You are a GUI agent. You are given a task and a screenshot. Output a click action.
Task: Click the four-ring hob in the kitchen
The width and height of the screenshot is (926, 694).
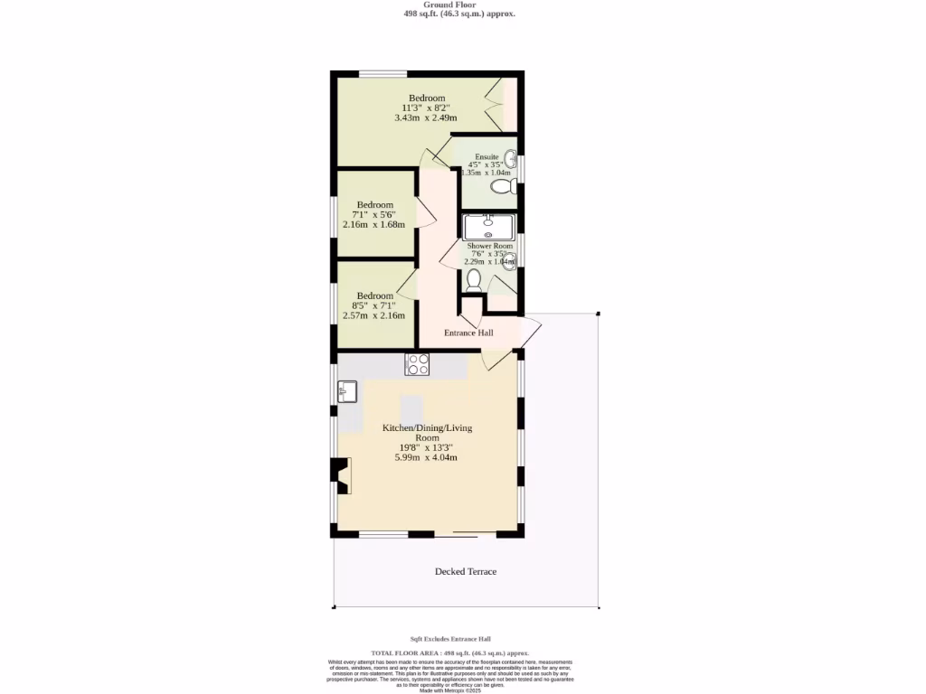417,364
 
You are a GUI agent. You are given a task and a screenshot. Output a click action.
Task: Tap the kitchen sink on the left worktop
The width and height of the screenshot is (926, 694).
347,391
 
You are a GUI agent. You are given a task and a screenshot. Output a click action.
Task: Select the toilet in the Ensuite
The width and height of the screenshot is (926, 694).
502,187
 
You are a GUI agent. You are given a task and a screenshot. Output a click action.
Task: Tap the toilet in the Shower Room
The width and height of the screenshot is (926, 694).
474,280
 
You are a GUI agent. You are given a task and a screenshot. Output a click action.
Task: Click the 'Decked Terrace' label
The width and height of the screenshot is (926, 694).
466,571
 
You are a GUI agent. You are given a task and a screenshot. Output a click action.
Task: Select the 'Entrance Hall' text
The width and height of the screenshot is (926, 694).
468,333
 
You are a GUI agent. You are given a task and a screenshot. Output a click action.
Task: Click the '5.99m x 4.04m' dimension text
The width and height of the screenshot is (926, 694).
426,457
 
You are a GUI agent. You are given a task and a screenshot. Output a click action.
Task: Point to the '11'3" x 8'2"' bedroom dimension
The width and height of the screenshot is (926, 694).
426,108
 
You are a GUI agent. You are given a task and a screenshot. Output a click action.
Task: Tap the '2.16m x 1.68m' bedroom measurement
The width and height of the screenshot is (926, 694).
374,224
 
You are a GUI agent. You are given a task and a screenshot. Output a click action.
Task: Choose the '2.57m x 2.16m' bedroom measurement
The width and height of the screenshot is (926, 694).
374,315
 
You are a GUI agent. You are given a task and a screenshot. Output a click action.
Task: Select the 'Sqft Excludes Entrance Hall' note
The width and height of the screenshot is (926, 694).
450,638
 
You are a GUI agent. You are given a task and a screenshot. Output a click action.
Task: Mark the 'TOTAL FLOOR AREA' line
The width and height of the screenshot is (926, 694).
450,652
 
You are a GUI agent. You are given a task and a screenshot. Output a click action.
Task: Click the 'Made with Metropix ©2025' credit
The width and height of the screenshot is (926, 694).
450,690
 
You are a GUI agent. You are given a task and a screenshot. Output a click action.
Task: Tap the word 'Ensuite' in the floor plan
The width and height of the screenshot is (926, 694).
487,156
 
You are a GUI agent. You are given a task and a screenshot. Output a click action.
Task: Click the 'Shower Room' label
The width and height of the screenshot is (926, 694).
489,246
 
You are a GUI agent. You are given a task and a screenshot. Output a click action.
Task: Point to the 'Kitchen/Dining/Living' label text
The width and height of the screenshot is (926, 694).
427,427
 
